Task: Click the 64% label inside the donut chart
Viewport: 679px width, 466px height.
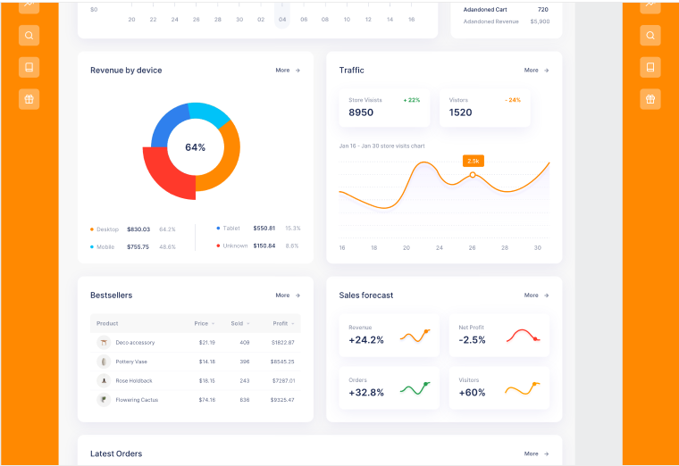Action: [x=195, y=147]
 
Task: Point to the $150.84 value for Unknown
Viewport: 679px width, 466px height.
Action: [x=264, y=245]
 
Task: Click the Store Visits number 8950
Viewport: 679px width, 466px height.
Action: [x=361, y=112]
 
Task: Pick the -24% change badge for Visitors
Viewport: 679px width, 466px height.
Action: [x=512, y=100]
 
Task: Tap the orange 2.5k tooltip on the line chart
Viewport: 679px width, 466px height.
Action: [x=473, y=161]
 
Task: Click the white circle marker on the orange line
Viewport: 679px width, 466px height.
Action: [x=473, y=175]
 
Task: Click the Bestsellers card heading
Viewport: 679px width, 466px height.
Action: [x=111, y=295]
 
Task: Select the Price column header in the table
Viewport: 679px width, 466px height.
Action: [x=202, y=323]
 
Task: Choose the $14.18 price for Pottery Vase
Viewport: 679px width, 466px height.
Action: [x=206, y=362]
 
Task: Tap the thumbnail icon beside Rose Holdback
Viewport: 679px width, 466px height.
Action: [x=104, y=380]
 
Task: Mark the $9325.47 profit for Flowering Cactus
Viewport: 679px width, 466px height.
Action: [x=283, y=400]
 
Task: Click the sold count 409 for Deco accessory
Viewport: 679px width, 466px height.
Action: [x=244, y=342]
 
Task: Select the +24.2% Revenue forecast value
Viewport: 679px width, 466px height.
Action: [x=366, y=340]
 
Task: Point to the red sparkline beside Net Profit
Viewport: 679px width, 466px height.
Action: [x=523, y=336]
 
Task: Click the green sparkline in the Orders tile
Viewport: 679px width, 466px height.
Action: [x=415, y=388]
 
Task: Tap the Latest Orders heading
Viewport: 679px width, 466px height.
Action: [x=116, y=454]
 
